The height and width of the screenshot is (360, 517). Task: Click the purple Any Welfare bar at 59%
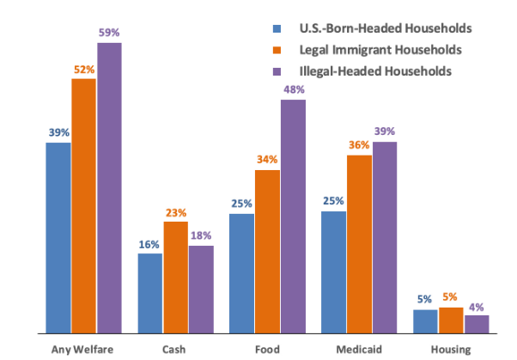pos(109,187)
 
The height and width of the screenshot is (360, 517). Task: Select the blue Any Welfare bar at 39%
pos(58,237)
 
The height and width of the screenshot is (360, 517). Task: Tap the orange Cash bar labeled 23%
pos(176,277)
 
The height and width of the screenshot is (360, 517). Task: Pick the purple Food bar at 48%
pos(293,216)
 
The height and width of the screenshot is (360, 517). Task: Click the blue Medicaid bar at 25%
pos(334,272)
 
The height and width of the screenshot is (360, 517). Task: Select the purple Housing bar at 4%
pos(477,323)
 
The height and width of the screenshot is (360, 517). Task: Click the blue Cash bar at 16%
pos(150,292)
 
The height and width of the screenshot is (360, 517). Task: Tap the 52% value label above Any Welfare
pos(83,70)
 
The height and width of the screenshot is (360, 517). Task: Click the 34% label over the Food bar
pos(268,160)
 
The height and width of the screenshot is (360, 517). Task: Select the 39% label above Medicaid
pos(386,131)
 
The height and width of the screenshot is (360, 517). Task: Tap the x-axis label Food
pos(267,349)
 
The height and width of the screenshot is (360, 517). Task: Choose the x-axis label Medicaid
pos(359,349)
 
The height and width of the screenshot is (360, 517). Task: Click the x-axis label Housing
pos(451,349)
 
